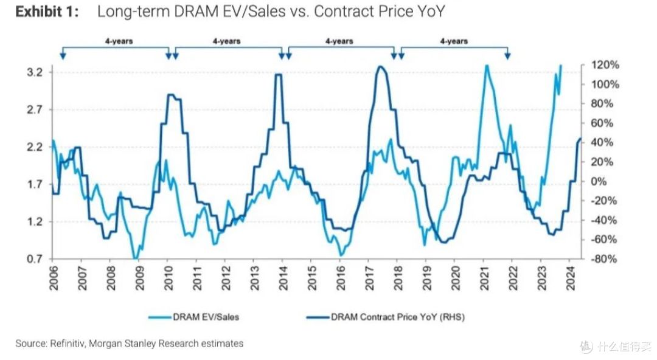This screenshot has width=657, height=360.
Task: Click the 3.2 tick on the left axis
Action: [x=35, y=72]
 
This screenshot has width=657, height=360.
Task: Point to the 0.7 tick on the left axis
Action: [x=35, y=259]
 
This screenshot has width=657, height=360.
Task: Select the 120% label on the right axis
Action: [x=605, y=65]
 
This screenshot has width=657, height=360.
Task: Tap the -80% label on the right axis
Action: [x=603, y=259]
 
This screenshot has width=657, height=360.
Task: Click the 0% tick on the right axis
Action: [x=599, y=181]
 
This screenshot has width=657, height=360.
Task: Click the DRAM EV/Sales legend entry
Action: [x=193, y=317]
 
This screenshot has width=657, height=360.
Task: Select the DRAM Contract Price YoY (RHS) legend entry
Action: [x=386, y=317]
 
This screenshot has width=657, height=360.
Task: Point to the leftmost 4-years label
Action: [x=119, y=41]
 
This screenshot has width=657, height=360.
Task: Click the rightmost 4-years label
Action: [x=454, y=41]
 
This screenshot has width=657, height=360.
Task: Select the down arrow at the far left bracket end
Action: [x=63, y=55]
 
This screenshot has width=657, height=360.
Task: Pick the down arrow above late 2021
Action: [x=507, y=55]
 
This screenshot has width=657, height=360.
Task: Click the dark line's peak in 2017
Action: [x=380, y=67]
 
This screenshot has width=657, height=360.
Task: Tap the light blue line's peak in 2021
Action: [x=487, y=66]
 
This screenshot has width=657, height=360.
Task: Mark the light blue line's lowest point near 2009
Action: [x=135, y=258]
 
